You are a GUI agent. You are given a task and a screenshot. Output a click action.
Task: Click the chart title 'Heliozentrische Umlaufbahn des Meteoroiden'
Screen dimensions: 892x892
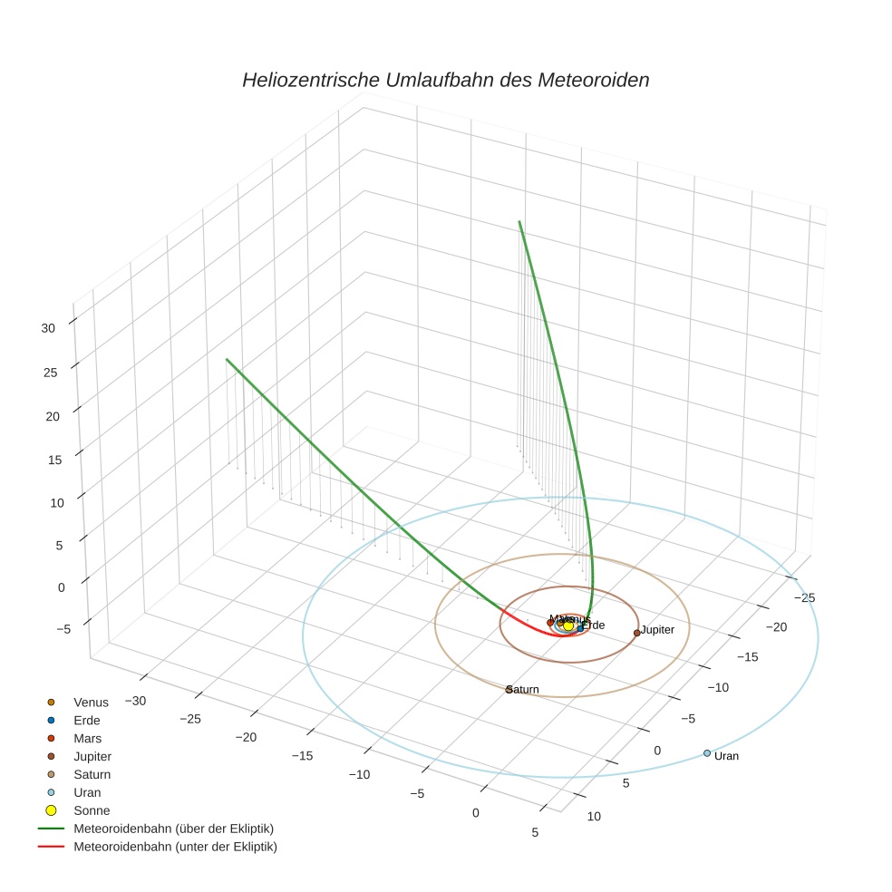(x=445, y=80)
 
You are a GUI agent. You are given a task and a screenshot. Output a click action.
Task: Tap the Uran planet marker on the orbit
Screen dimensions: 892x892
(x=707, y=753)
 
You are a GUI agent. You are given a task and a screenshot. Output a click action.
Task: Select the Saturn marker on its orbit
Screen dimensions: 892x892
(x=509, y=690)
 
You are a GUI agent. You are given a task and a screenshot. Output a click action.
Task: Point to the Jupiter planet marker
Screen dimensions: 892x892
(x=637, y=633)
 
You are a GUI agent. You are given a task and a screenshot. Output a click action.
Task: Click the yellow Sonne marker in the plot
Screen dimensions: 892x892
(x=568, y=625)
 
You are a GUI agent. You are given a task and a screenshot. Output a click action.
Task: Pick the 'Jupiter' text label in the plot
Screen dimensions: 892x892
(x=658, y=629)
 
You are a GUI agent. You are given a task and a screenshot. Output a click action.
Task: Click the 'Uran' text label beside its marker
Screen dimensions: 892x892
(x=726, y=756)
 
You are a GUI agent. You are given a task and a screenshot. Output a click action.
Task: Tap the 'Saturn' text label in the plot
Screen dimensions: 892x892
(x=524, y=690)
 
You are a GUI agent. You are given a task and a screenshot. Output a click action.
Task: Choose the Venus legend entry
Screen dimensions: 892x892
(x=91, y=703)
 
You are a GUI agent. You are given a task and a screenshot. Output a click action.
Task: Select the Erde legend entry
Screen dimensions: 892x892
(x=87, y=721)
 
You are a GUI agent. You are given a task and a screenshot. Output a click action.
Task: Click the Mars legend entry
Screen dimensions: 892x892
(x=87, y=739)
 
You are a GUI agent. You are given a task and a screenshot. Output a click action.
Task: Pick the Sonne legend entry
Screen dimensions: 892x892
(x=92, y=810)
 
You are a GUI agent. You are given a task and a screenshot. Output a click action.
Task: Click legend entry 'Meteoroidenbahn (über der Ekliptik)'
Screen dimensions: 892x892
(x=173, y=829)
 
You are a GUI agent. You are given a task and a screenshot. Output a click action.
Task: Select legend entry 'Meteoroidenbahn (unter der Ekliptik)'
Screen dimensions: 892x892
(x=175, y=847)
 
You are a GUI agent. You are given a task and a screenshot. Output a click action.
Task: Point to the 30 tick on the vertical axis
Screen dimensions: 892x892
(x=49, y=329)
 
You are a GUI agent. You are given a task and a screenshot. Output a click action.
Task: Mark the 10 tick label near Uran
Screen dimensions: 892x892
(x=593, y=816)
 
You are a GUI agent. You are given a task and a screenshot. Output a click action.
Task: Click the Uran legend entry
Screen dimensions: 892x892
(x=87, y=792)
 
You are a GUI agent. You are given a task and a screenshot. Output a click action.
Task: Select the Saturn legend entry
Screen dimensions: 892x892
(x=92, y=775)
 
